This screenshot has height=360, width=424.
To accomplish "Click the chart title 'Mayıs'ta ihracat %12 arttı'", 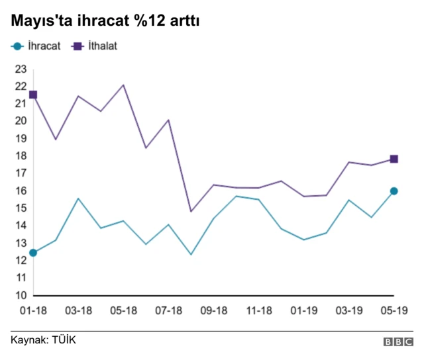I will point(105,21).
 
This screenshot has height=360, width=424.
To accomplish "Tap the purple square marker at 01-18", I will point(33,95).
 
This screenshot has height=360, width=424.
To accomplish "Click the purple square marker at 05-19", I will point(394,159).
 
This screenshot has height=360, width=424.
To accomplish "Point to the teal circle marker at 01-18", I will point(33,253).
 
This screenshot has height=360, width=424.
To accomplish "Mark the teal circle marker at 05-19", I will point(394,191).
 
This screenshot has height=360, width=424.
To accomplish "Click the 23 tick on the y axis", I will point(21,68).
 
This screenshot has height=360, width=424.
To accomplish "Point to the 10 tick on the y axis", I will point(21,295).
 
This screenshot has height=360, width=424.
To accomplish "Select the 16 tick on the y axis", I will point(21,191).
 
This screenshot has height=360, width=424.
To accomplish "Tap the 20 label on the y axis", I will point(21,120).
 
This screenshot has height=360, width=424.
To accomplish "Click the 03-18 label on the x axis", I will point(78,310).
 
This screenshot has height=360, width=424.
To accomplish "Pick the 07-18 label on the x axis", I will point(169,310).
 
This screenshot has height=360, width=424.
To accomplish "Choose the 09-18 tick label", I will point(214,310).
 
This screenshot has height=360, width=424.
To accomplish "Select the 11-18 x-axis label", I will point(259,310).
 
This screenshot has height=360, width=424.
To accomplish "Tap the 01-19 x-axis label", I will point(304,310).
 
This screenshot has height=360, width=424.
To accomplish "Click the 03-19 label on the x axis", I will point(349,310).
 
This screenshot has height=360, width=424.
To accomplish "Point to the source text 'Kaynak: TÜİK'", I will point(43,340).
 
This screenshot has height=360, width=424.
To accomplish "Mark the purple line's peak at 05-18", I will point(123,85).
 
